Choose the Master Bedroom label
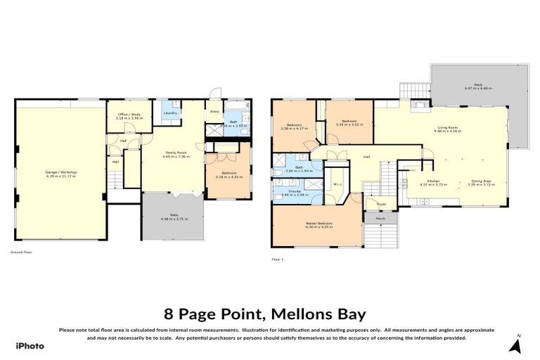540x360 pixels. tap(319, 224)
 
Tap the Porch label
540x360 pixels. tap(380, 219)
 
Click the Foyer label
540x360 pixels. tap(381, 205)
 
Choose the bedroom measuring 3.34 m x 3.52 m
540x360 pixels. tap(352, 122)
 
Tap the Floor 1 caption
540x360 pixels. tap(277, 259)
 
